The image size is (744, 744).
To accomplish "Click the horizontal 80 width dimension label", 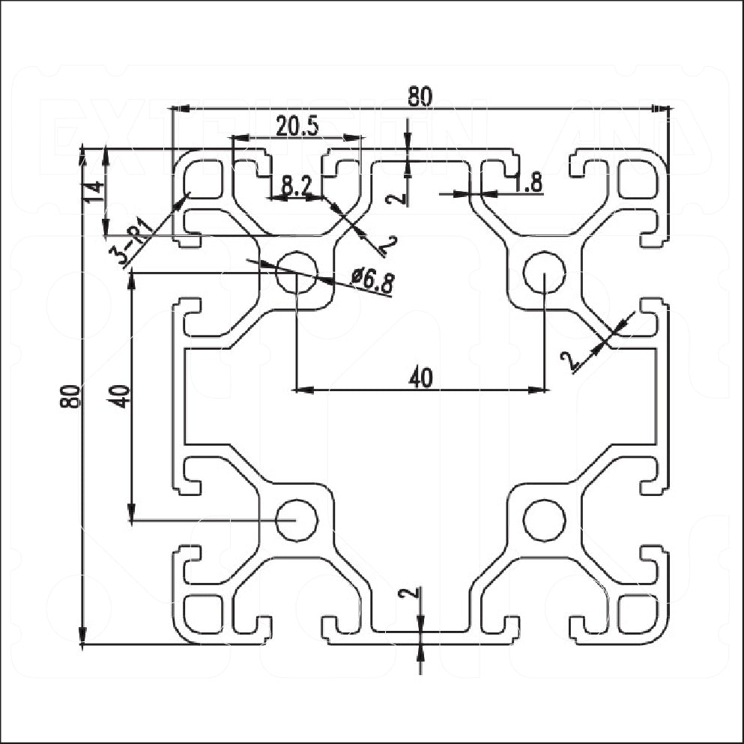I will coord(420,97).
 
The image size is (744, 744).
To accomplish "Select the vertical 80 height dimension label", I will coord(71,396).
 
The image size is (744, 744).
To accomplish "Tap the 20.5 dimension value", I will coord(296,126).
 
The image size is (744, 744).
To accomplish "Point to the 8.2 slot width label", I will coord(297,184).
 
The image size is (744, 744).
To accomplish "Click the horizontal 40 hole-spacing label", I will coord(420,379).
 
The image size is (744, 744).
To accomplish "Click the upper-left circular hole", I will coord(297,272).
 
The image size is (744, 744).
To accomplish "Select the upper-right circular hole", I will coord(543,272).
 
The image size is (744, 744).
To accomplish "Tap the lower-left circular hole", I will coord(297,519).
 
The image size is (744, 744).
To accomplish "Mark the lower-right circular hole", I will coord(543,519).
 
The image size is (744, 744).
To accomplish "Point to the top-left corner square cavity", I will coord(204,179).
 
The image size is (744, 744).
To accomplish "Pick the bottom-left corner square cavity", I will coord(204,612).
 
